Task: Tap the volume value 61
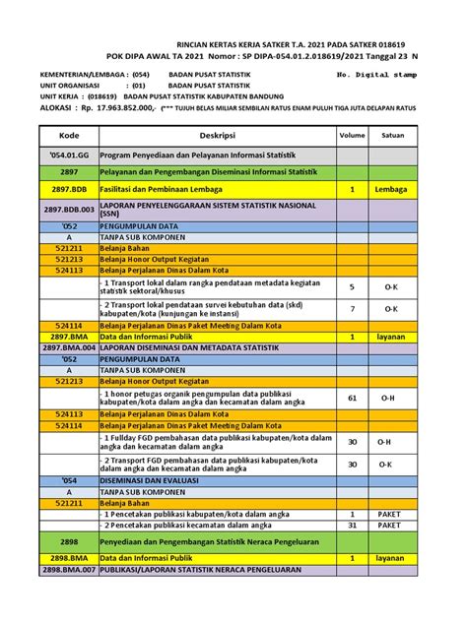coord(352,397)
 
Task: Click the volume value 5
coord(352,286)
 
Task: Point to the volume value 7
coord(352,308)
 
